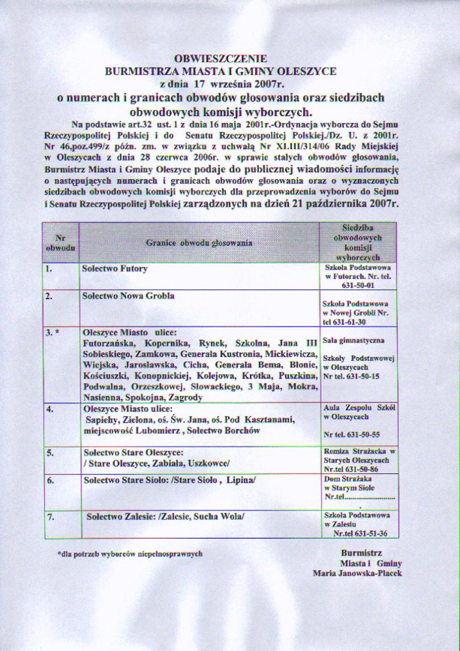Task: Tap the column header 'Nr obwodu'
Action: (60, 243)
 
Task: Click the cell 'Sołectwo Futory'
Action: (115, 268)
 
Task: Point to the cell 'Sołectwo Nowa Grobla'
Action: (129, 296)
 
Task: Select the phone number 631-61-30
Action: (350, 322)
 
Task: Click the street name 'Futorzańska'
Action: (109, 343)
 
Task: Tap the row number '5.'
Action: (51, 453)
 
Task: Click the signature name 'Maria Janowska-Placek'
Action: (357, 573)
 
